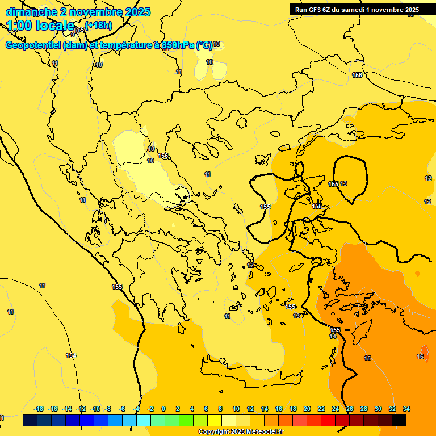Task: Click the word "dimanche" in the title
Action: (x=31, y=12)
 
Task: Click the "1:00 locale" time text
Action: (x=40, y=26)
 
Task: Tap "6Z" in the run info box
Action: (x=330, y=10)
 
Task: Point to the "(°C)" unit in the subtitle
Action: (x=204, y=45)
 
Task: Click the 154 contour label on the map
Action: (x=71, y=356)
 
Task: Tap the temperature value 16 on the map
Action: (x=420, y=357)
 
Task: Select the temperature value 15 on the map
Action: (x=367, y=358)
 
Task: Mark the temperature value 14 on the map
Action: (x=333, y=337)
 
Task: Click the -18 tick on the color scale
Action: (x=39, y=409)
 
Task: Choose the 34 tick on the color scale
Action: (x=406, y=409)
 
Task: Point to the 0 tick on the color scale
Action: (x=163, y=409)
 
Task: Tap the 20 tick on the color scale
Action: (x=307, y=409)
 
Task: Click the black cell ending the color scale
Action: (x=399, y=420)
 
